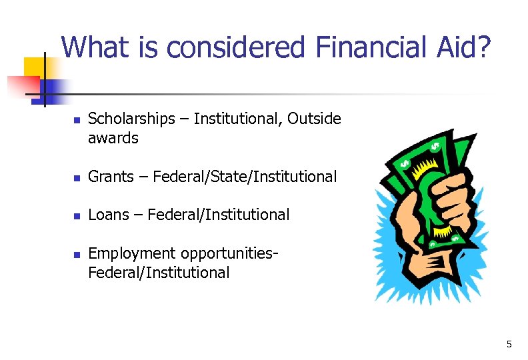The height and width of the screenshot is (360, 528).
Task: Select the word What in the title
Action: coord(96,47)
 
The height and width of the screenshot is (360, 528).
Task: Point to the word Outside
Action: coord(315,119)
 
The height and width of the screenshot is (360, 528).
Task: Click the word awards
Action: coord(113,139)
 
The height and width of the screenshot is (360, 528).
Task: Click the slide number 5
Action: coord(509,344)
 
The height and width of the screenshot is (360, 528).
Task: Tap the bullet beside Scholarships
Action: coord(76,121)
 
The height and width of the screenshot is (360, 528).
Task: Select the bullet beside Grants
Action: coord(76,178)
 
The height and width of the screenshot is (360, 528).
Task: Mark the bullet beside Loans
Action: coord(76,216)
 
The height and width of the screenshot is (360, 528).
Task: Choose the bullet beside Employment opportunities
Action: coord(76,255)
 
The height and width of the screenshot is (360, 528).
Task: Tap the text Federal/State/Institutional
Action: coord(245,177)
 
